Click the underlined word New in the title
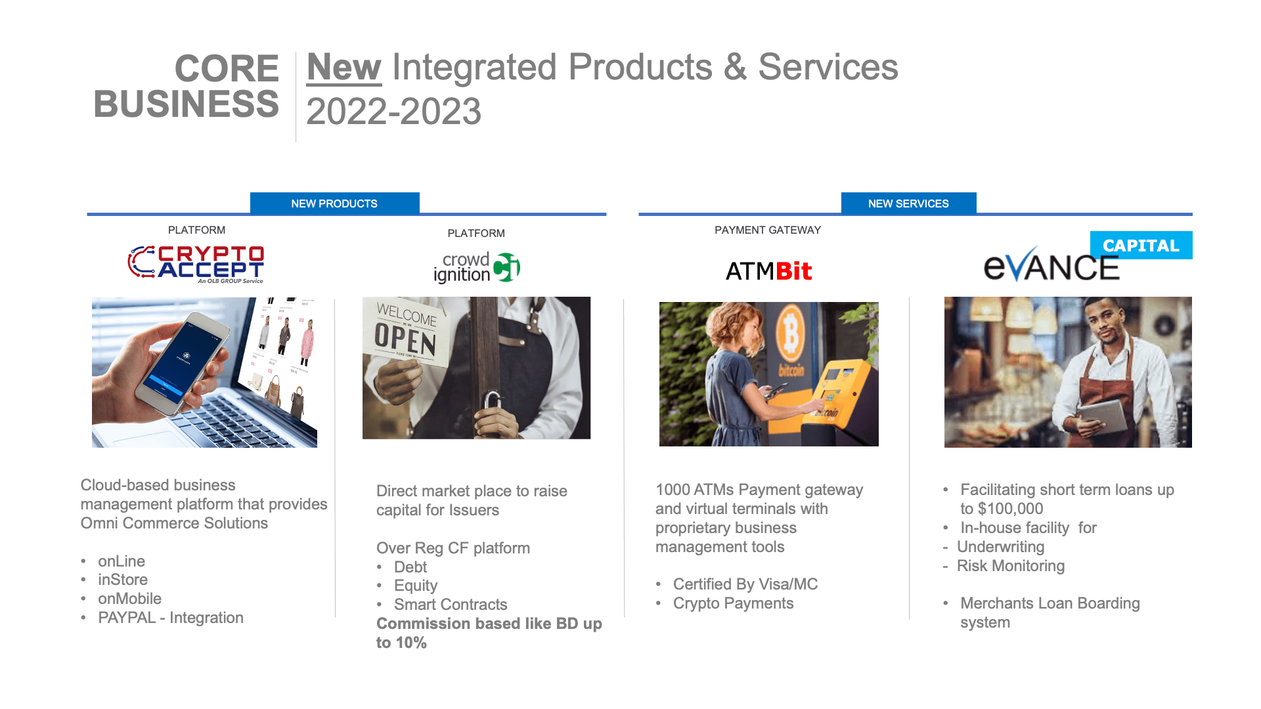343,68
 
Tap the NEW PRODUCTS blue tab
334,203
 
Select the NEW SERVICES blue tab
908,203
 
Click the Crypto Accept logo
196,264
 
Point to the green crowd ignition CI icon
506,267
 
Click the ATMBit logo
768,271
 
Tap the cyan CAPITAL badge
1141,245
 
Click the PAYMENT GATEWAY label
768,230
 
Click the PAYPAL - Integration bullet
171,618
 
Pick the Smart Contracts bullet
451,605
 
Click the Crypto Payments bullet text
733,603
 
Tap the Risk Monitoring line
1011,566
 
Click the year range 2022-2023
393,111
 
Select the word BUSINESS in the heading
187,104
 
